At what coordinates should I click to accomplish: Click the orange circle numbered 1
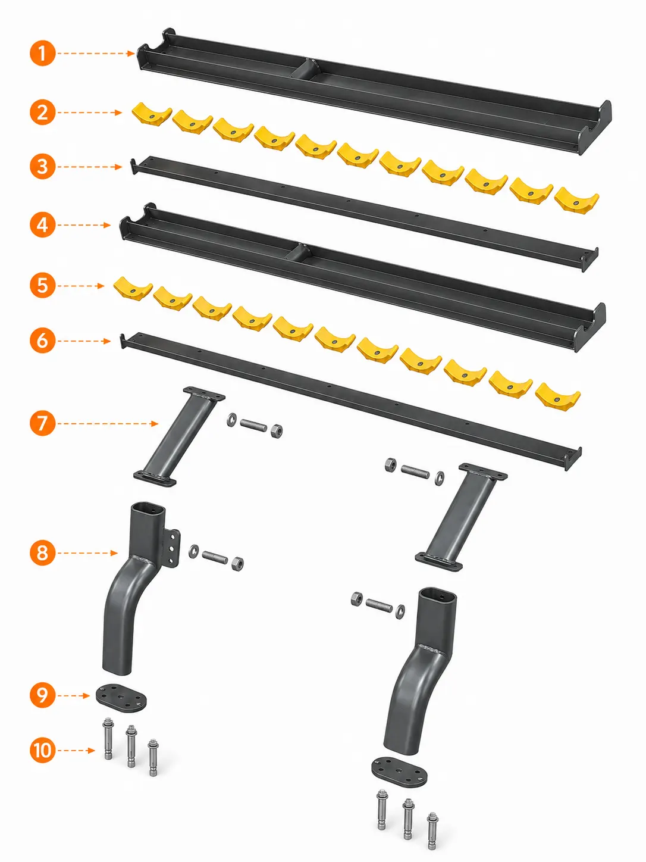point(42,53)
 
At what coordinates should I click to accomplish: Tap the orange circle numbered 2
point(42,113)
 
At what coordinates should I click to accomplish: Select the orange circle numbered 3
point(42,167)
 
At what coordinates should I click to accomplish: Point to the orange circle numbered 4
point(42,225)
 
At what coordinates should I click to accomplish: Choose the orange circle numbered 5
point(42,286)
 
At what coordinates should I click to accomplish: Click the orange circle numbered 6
point(42,341)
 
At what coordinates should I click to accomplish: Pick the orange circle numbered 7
point(42,423)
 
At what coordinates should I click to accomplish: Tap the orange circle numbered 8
point(42,553)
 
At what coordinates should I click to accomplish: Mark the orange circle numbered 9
point(42,695)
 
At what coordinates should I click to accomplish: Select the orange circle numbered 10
point(42,750)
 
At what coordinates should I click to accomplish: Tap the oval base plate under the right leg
point(399,773)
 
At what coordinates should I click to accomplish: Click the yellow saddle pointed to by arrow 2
point(152,114)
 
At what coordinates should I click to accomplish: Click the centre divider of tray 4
point(297,252)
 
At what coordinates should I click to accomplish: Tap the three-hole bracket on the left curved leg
point(172,548)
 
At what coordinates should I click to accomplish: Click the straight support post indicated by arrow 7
point(180,437)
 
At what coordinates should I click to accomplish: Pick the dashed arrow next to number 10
point(78,751)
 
